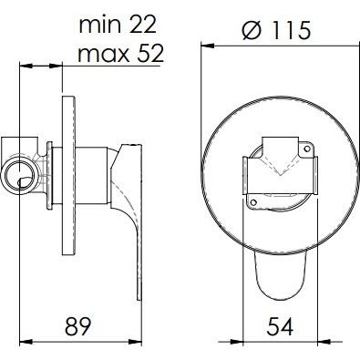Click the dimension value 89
78,326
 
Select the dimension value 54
280,326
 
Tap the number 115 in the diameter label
290,30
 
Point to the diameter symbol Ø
252,30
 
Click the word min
99,25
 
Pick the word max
101,54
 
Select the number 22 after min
143,25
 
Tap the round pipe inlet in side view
20,173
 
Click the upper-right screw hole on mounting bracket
307,149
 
